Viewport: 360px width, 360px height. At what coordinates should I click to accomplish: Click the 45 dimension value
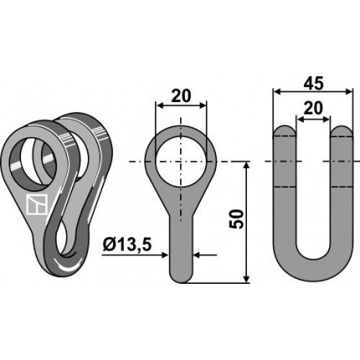pos(313,84)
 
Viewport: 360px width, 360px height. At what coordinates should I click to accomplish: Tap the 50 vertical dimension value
pos(236,219)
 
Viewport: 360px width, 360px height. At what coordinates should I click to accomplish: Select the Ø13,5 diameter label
pos(127,245)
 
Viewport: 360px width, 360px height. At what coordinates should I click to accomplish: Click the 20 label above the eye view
pos(181,96)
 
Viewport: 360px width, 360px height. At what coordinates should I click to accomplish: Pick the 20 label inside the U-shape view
pos(313,108)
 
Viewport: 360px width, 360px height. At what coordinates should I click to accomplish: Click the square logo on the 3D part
pos(36,205)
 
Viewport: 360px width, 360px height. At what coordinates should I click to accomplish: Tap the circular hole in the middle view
pos(181,162)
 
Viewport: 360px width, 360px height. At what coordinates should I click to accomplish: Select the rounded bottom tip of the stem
pos(181,277)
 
